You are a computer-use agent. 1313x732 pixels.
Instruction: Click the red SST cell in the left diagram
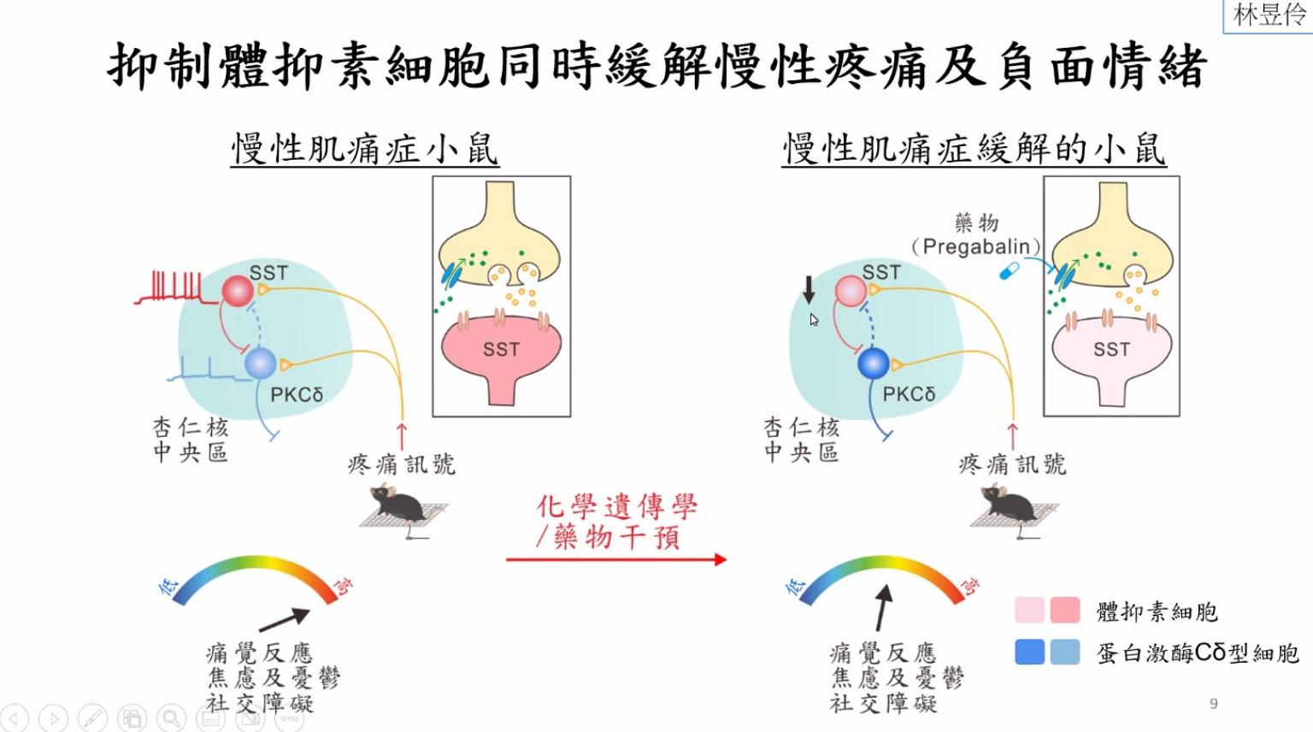click(x=238, y=292)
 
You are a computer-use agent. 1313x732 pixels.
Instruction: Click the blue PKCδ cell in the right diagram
click(x=873, y=363)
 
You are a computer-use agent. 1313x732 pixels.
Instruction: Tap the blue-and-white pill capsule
click(x=1010, y=271)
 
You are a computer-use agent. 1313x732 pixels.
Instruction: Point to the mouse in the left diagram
click(x=397, y=505)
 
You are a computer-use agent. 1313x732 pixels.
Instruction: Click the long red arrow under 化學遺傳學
click(x=615, y=559)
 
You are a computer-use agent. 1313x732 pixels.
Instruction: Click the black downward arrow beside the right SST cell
click(x=809, y=289)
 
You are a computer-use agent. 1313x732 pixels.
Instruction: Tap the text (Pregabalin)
click(x=975, y=247)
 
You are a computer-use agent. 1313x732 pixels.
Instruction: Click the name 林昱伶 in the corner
click(x=1269, y=15)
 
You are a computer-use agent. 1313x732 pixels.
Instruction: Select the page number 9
click(x=1214, y=704)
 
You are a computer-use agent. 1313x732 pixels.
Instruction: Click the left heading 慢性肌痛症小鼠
click(x=364, y=149)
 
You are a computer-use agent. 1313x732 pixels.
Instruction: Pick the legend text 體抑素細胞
click(x=1157, y=611)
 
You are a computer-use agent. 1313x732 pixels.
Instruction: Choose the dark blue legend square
click(x=1030, y=652)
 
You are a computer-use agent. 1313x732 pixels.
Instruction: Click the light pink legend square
click(x=1030, y=611)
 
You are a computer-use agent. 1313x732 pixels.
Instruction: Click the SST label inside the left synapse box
click(x=501, y=350)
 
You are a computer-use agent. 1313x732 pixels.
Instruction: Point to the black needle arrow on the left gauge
click(x=284, y=619)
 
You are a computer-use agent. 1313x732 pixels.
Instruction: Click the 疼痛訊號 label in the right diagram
click(x=1012, y=464)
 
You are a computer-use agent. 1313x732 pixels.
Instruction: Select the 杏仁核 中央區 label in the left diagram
click(x=190, y=440)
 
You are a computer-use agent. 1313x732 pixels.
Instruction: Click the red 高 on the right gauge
click(x=969, y=585)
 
